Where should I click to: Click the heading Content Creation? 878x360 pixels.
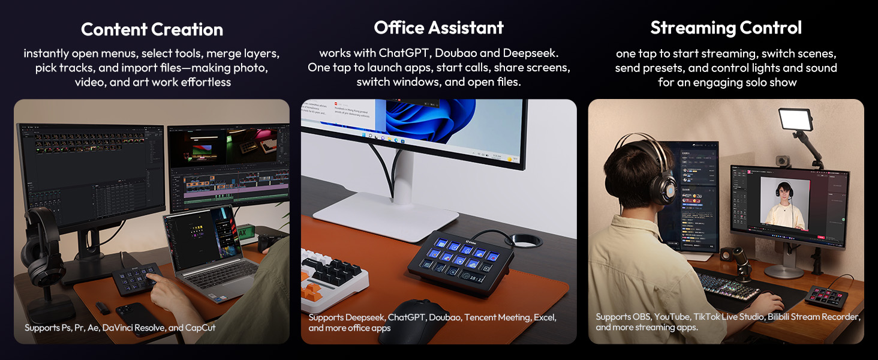pos(152,29)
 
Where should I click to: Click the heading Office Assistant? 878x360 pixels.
pos(438,28)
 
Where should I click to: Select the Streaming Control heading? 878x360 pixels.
pos(726,28)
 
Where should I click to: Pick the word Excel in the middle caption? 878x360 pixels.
pos(544,317)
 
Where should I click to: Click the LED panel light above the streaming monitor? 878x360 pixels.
pos(795,119)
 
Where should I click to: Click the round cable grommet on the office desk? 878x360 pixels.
pos(527,241)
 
